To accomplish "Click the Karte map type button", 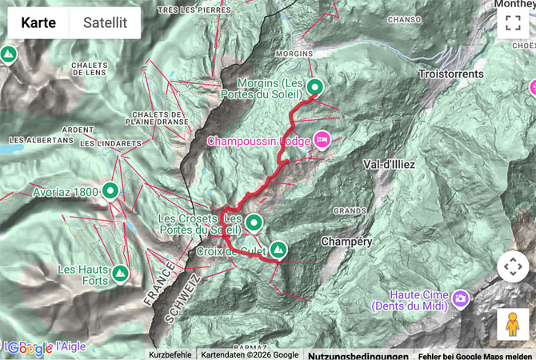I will point(38,22).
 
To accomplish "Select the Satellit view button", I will point(105,22).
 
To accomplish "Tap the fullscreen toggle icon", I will point(513,22).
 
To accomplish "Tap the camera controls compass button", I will point(513,267).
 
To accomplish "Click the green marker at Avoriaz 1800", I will point(110,191).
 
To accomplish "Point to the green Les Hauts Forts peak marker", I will point(120,274).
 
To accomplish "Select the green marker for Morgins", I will point(314,87).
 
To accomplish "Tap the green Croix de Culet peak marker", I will point(278,249).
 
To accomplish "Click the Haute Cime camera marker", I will point(461,299).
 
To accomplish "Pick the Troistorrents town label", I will point(450,74).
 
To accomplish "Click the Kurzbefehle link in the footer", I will point(169,354).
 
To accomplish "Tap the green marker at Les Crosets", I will point(254,222).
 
